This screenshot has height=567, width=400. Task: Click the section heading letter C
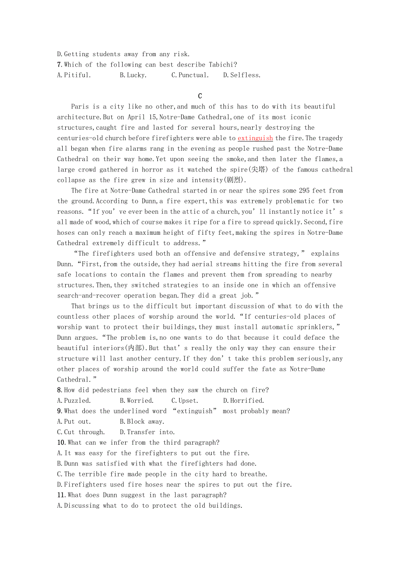tap(200, 96)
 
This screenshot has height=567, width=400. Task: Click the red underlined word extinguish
tap(255, 138)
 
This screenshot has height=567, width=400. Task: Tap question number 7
tap(60, 64)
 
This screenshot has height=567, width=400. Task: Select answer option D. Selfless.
tap(242, 75)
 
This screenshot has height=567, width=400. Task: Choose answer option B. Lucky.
tap(133, 75)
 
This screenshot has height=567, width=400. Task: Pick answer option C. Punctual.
tap(190, 75)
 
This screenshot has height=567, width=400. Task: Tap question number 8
tap(60, 390)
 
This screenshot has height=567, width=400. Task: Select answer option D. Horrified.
tap(243, 401)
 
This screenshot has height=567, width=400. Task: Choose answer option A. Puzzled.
tap(74, 401)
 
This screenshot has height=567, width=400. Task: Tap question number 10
tap(61, 442)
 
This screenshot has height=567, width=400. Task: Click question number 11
tap(61, 495)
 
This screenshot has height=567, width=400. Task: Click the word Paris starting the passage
tap(80, 107)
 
